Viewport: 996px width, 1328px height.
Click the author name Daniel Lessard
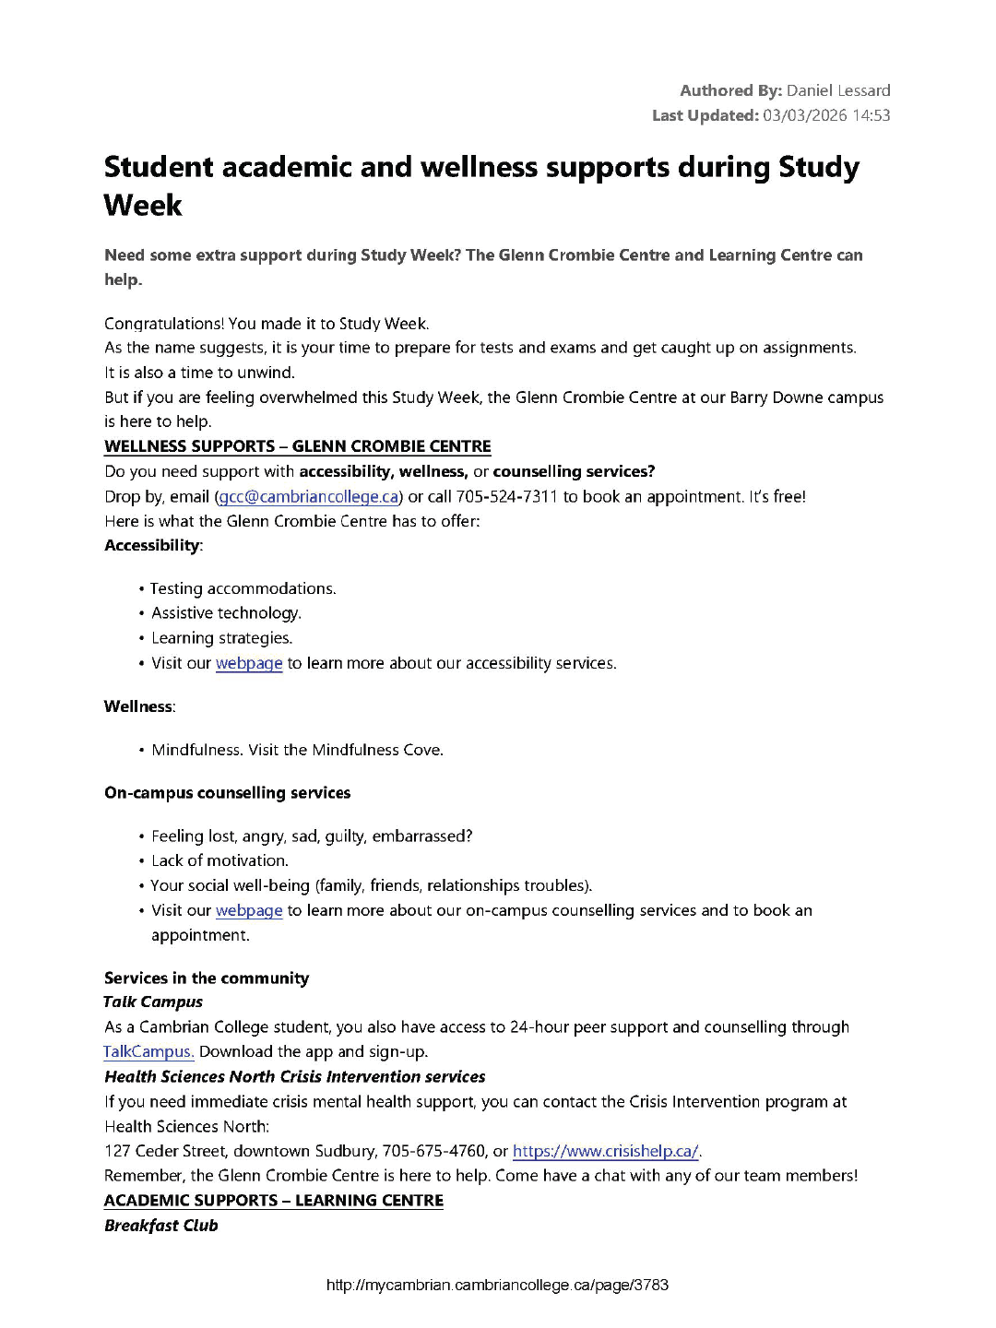click(x=838, y=90)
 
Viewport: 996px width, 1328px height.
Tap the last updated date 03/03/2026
click(x=805, y=115)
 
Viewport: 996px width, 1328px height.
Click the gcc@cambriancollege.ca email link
click(x=309, y=497)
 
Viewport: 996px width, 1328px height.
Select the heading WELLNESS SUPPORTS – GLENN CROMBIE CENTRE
click(x=297, y=446)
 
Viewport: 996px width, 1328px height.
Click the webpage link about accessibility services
click(x=249, y=663)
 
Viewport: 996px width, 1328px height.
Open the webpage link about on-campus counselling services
click(x=249, y=910)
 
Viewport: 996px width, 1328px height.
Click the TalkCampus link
click(x=148, y=1051)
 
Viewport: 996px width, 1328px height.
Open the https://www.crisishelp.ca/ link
click(x=605, y=1151)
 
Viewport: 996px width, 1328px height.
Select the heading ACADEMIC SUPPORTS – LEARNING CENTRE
click(x=273, y=1201)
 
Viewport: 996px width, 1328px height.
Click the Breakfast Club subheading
click(x=161, y=1226)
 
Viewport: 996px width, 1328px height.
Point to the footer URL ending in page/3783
click(x=497, y=1285)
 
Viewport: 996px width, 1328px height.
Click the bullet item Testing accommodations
click(x=243, y=588)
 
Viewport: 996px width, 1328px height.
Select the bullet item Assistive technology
click(x=226, y=613)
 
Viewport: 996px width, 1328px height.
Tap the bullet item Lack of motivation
click(x=219, y=860)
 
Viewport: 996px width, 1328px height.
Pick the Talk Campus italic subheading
click(x=153, y=1002)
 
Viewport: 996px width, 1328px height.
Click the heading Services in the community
click(x=207, y=978)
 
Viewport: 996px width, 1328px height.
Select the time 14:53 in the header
click(x=871, y=115)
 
